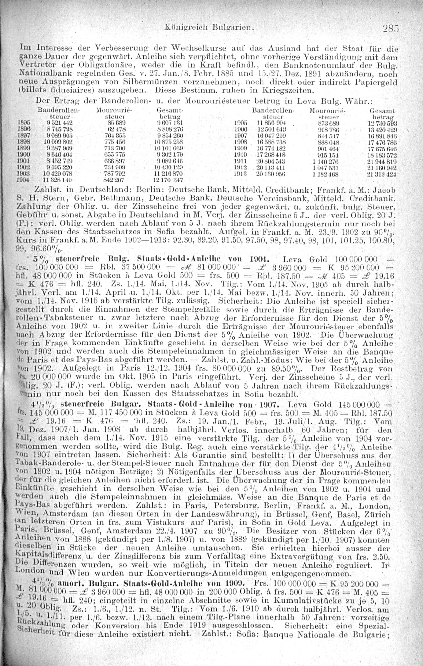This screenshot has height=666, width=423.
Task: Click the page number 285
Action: click(391, 29)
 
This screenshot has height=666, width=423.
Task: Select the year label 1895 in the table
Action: click(22, 122)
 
